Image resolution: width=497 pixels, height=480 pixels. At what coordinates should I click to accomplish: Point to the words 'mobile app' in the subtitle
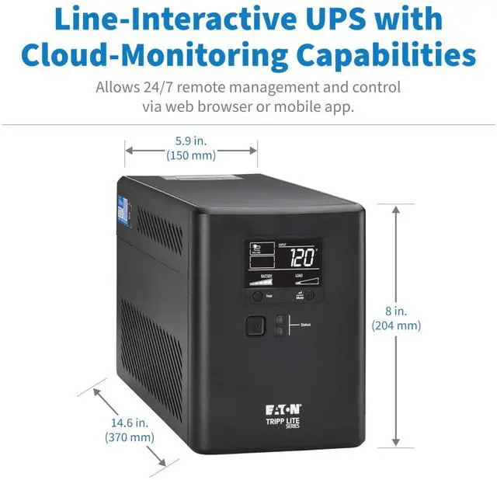(314, 106)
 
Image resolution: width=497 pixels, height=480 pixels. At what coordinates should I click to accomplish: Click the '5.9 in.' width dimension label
(191, 141)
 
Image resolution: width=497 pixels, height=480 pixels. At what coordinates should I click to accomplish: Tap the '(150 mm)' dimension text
(191, 155)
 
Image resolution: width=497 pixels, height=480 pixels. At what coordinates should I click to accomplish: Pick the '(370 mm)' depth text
(130, 437)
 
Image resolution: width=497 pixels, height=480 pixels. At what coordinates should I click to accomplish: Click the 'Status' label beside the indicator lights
(306, 324)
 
